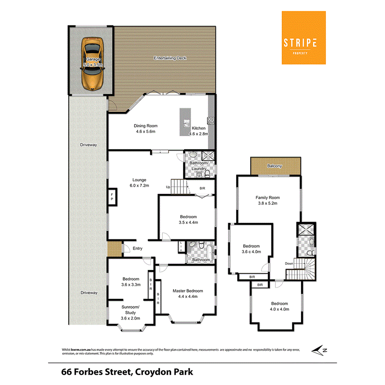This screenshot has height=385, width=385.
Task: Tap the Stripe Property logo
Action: tap(304, 38)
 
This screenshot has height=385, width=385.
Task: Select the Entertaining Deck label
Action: tap(170, 58)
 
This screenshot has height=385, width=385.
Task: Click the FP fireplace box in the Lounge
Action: tap(112, 198)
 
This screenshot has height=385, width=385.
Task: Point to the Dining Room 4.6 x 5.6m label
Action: tap(145, 128)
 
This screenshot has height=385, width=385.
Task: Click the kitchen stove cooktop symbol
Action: tap(211, 120)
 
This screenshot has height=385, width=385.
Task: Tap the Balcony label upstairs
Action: tap(274, 166)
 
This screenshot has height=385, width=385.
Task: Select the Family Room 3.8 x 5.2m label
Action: tap(268, 200)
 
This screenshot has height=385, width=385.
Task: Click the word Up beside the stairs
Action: tap(168, 187)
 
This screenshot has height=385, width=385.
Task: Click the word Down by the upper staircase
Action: tap(289, 264)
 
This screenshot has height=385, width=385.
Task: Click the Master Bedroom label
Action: tap(188, 293)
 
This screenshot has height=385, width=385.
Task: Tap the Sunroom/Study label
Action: tap(131, 313)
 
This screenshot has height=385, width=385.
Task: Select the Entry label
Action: tap(138, 248)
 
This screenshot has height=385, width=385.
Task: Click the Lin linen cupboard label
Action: tap(181, 248)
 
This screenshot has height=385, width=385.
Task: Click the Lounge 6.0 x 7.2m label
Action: tap(139, 183)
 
